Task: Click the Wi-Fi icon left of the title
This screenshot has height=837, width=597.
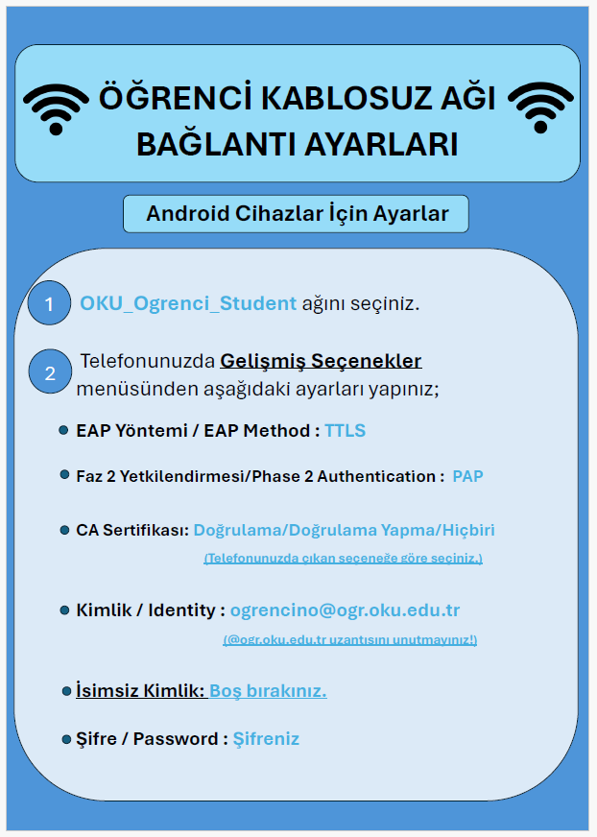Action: point(56,108)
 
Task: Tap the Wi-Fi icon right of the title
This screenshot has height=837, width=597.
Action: point(539,108)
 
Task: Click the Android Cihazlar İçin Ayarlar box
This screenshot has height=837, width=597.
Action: point(296,214)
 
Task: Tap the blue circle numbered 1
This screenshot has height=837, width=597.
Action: point(49,305)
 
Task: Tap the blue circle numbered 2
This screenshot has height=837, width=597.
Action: point(50,373)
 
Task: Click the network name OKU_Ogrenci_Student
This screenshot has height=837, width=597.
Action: point(188,303)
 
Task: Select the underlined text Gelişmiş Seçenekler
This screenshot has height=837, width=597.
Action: point(321,362)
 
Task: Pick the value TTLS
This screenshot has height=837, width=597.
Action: point(345,431)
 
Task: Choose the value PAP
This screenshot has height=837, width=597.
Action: point(467,476)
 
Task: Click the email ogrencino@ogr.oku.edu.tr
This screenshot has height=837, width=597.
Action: point(345,610)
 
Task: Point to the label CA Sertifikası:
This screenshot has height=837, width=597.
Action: point(132,530)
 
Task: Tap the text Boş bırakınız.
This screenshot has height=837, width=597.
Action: point(268,691)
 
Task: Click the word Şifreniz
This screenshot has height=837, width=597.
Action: point(266,738)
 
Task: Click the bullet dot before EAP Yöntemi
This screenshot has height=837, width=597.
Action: point(63,431)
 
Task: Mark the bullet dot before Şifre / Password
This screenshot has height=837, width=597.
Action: point(64,739)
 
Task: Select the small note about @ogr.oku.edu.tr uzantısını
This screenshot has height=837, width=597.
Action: point(349,639)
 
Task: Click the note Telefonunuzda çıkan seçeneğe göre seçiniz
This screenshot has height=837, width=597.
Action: point(343,558)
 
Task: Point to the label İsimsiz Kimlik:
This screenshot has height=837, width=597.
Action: point(140,691)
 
